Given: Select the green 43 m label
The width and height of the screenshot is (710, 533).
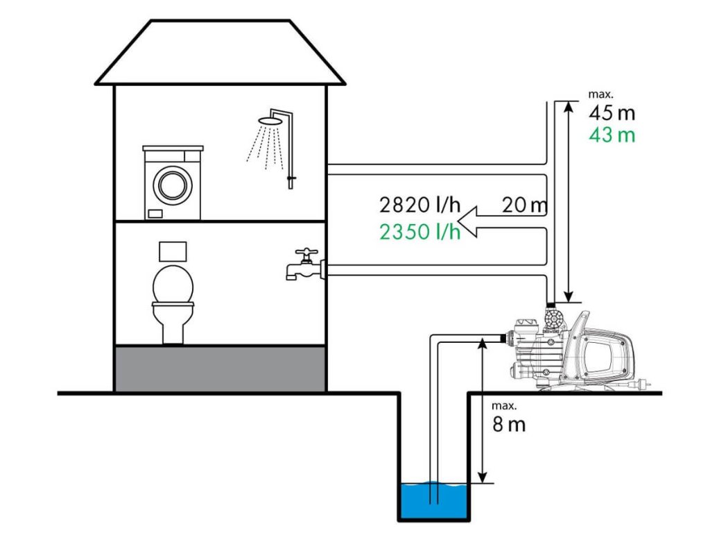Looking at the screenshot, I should tap(611, 135).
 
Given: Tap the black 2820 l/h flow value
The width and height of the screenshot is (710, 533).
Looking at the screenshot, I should tap(420, 205).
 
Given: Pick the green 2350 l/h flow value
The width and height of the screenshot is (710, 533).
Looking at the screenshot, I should tap(420, 231).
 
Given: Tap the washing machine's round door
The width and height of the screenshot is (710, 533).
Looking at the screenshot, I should tap(171, 184).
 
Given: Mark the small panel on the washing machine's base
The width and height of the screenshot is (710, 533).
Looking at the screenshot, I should tap(154, 213).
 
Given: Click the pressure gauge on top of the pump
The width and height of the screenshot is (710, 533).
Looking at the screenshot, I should tap(553, 320).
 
